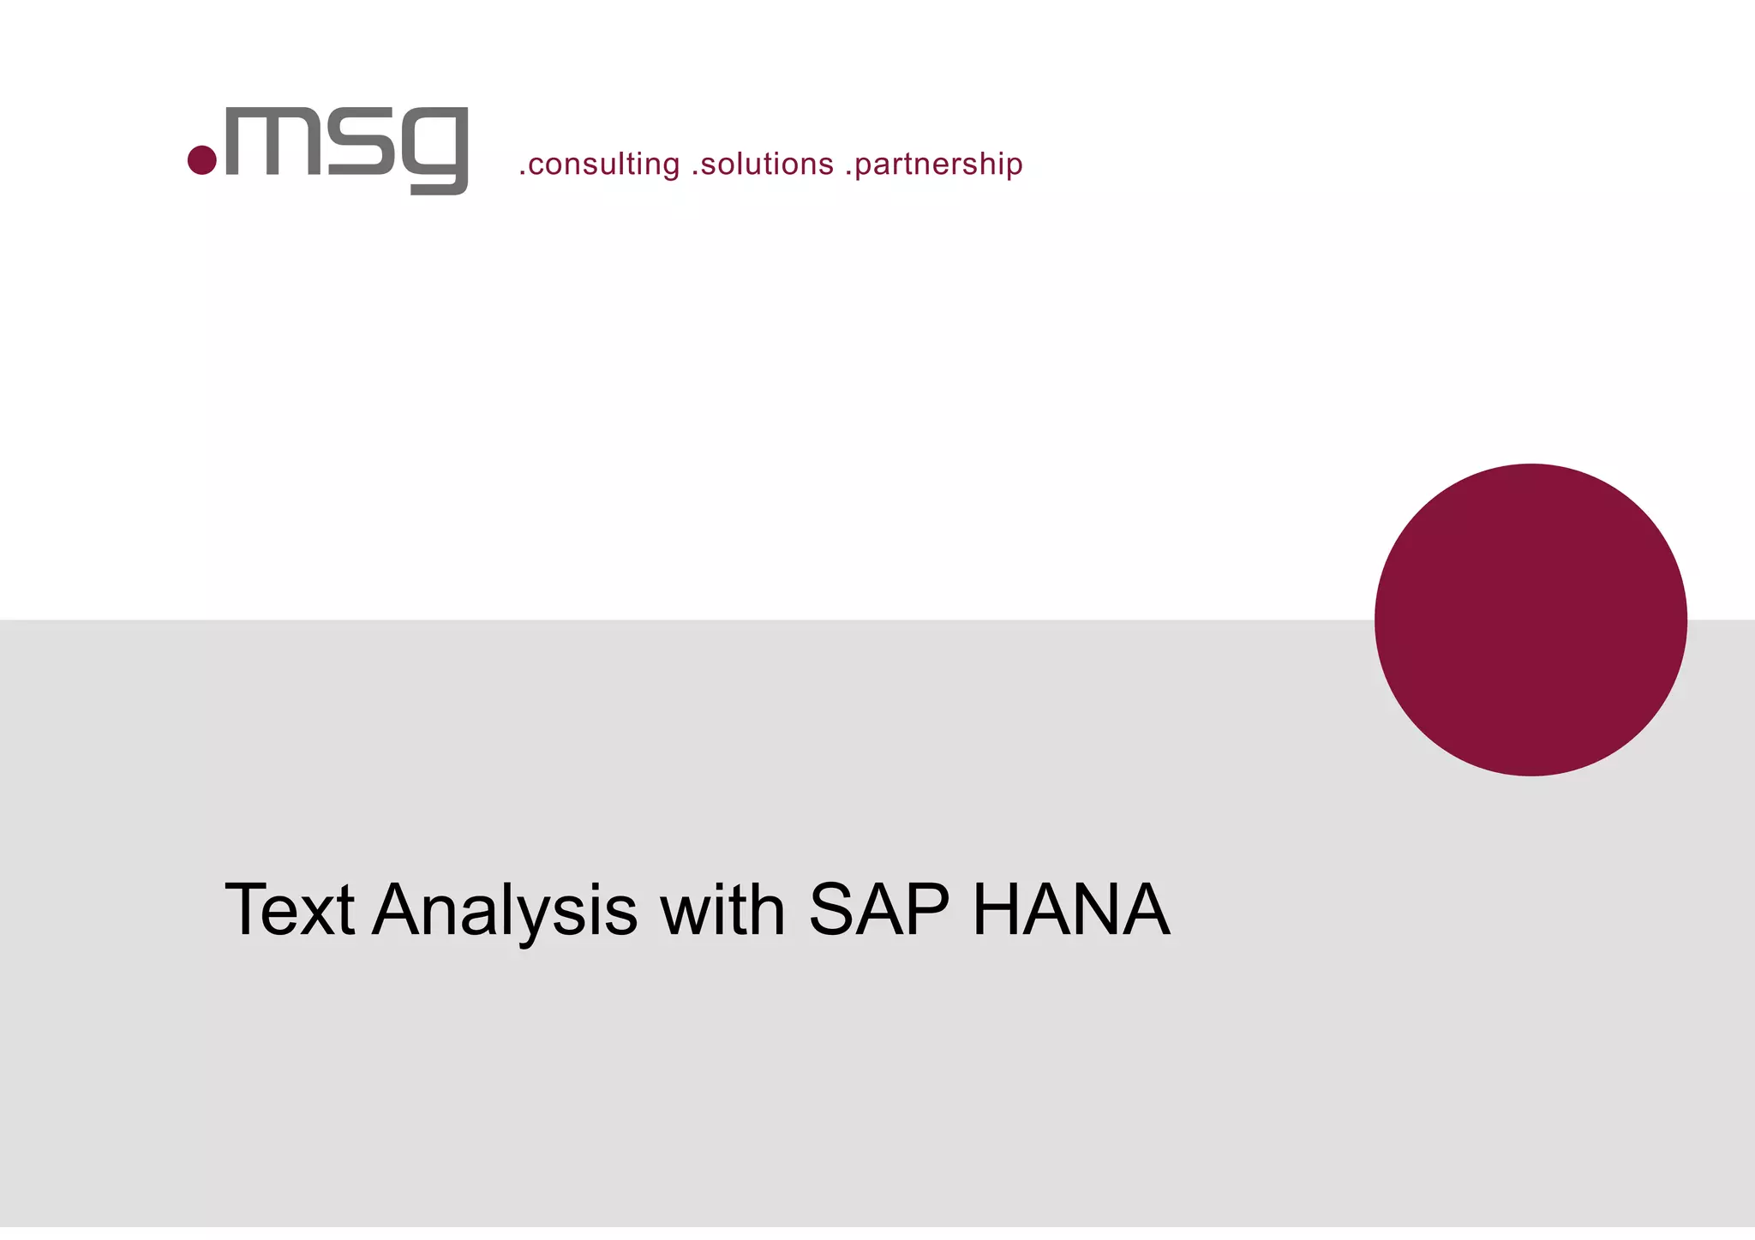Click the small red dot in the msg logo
[x=201, y=159]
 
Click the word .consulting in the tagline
[x=599, y=164]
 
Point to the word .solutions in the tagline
[x=763, y=164]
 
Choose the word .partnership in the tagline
[x=934, y=164]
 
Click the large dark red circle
[x=1530, y=620]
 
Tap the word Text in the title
[x=290, y=909]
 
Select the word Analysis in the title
[x=506, y=911]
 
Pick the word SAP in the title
[x=878, y=909]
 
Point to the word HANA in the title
[x=1071, y=909]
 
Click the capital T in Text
[x=246, y=909]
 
